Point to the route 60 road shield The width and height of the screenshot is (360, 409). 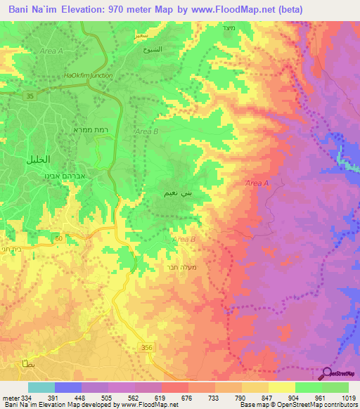tap(58, 240)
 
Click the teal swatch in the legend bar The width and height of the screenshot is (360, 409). tap(41, 387)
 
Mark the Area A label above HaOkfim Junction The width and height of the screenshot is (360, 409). tap(51, 51)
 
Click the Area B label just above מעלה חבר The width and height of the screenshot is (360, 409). tap(184, 240)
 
